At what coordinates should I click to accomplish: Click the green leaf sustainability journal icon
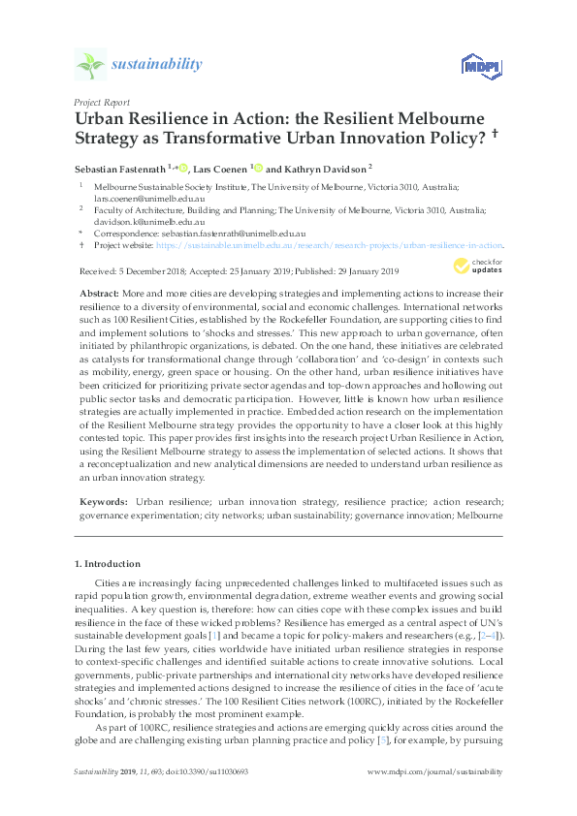pyautogui.click(x=90, y=65)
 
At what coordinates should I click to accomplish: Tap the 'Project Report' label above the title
pyautogui.click(x=101, y=102)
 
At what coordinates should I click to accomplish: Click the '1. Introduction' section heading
pyautogui.click(x=109, y=563)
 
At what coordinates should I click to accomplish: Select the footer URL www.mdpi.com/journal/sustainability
pyautogui.click(x=436, y=772)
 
